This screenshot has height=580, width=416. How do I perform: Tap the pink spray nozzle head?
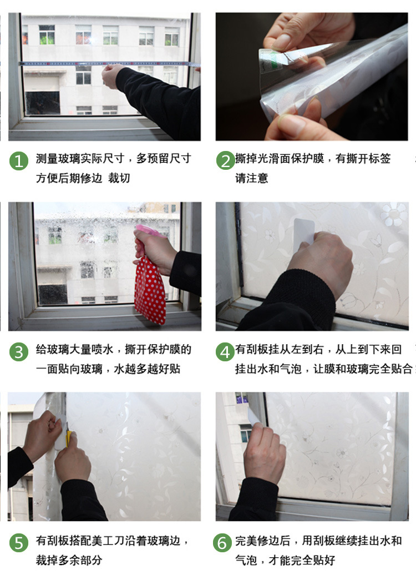[x=145, y=230]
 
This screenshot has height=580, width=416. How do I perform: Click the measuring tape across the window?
[x=67, y=64]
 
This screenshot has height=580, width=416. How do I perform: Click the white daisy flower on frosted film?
[x=394, y=214]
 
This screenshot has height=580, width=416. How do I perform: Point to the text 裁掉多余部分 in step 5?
[x=69, y=560]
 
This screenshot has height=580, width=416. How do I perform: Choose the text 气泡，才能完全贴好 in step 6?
[x=285, y=560]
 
